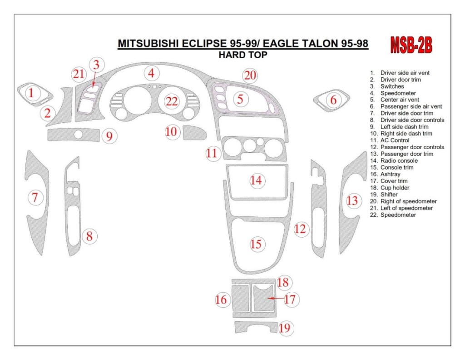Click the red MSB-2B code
tap(411, 45)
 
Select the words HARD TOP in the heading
tap(243, 55)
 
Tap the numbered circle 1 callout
tap(31, 93)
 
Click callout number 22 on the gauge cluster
tap(172, 101)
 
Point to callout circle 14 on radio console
tap(256, 180)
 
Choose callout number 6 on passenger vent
tap(333, 100)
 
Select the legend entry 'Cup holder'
tap(395, 188)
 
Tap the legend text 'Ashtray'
tap(390, 174)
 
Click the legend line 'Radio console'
tap(399, 160)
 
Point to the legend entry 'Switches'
tap(392, 86)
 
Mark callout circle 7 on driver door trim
tap(35, 198)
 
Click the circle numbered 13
tap(352, 200)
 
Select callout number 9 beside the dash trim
tap(109, 135)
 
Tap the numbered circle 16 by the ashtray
tap(222, 300)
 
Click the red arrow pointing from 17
tap(275, 299)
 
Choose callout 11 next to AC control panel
tap(212, 153)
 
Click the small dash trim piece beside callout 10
tap(194, 133)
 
